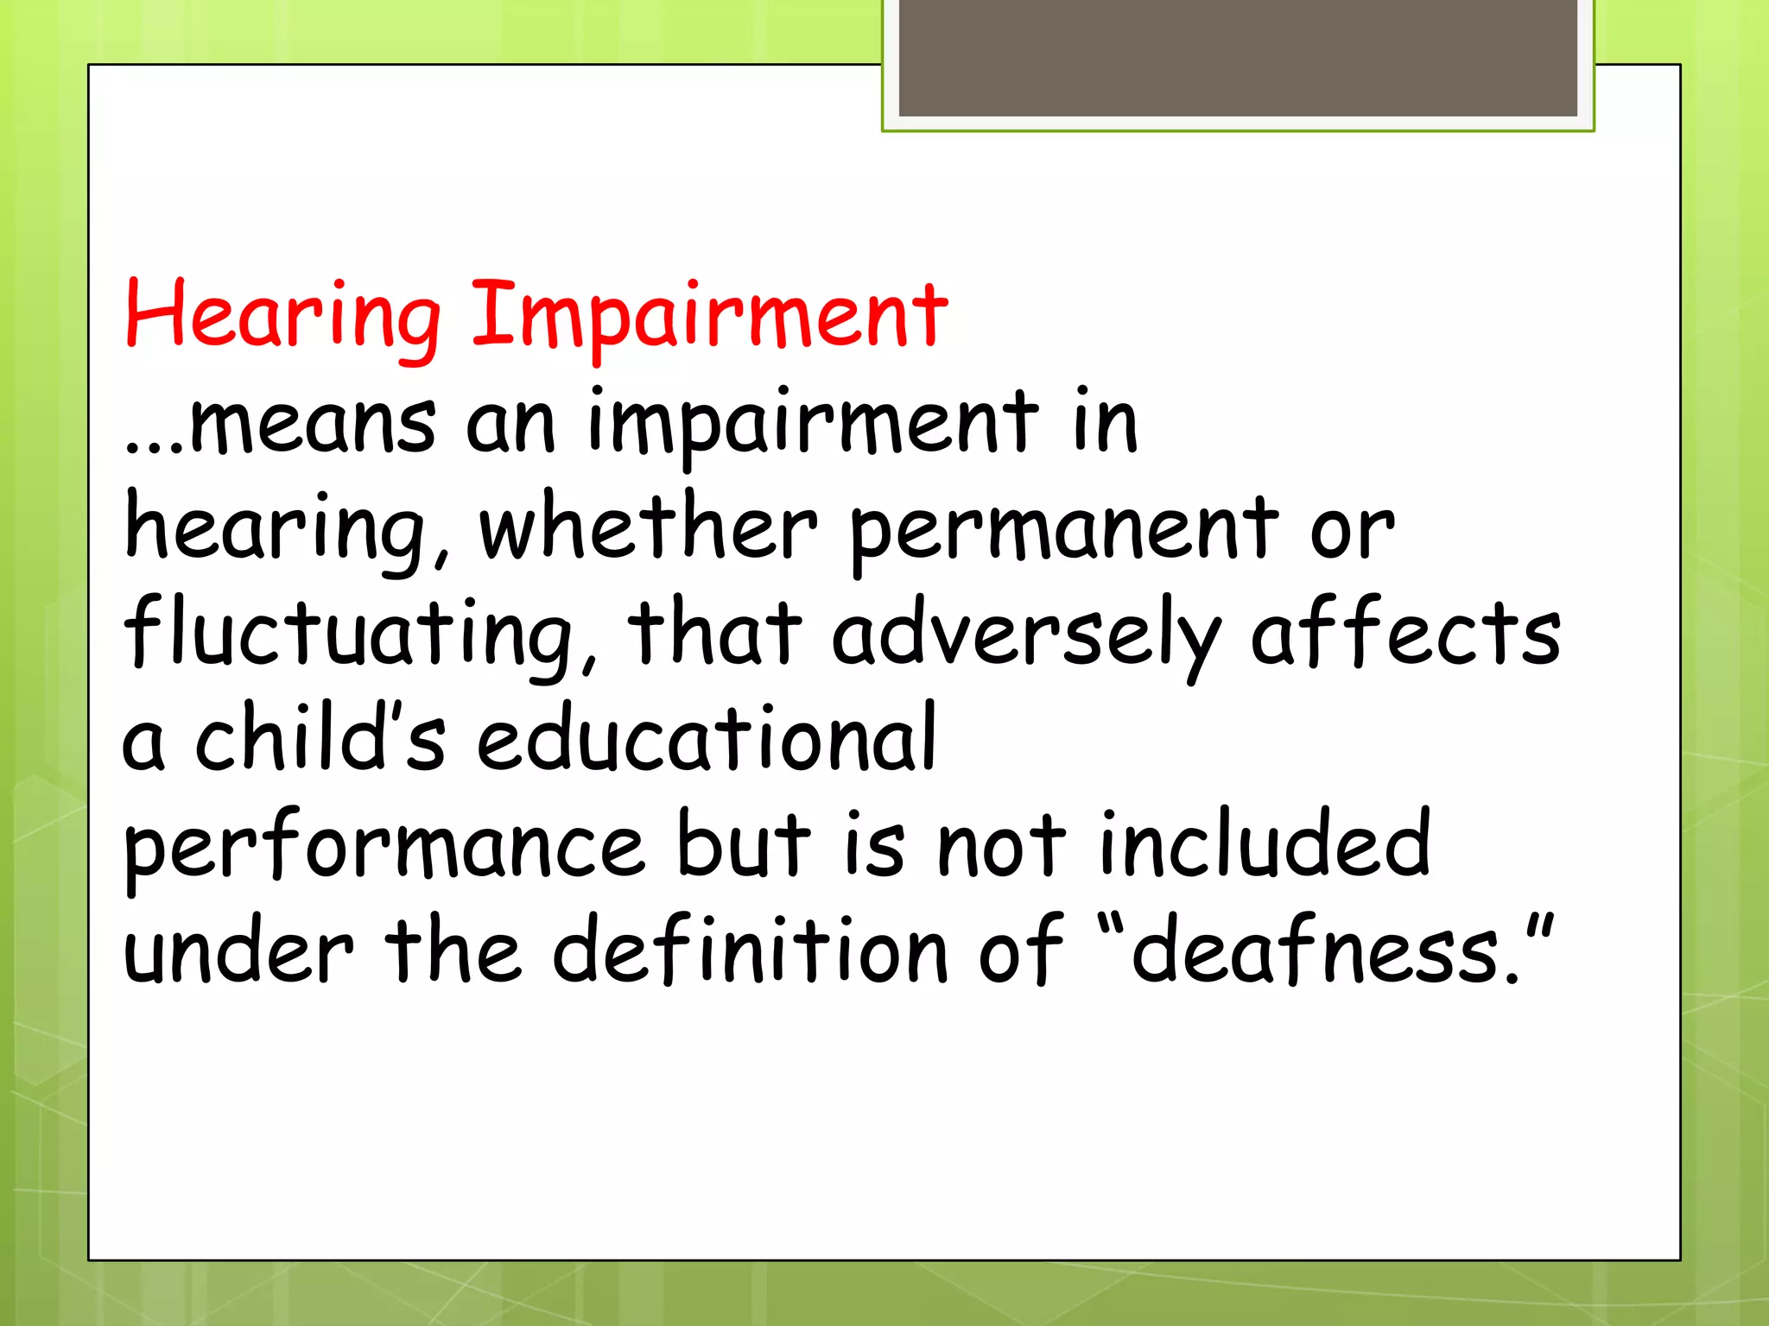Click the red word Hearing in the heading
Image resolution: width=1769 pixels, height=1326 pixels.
(x=282, y=316)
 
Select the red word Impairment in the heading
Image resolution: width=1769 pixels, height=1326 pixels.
(x=709, y=316)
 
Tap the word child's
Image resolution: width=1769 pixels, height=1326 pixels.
(x=320, y=737)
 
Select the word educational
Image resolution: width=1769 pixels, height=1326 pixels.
(x=707, y=737)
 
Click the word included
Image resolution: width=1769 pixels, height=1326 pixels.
(x=1265, y=843)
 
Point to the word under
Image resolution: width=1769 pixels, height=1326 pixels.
(x=238, y=950)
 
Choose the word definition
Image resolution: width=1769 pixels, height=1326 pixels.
(x=751, y=949)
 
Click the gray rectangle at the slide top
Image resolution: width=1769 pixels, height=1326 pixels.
(x=1238, y=58)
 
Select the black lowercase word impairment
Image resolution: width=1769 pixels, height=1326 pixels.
(x=813, y=423)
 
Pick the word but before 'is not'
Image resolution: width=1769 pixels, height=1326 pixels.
(x=744, y=843)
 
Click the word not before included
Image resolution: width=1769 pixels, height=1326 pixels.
(x=1002, y=845)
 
